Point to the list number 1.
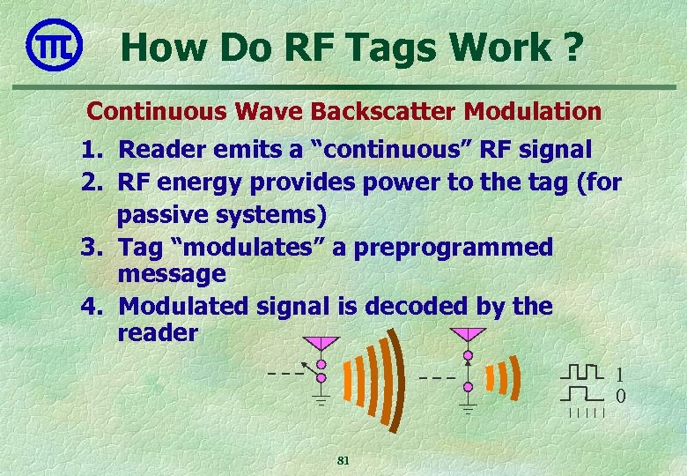91,150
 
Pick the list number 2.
91,182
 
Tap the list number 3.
91,247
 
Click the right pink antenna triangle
468,336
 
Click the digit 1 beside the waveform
619,374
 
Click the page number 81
343,461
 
